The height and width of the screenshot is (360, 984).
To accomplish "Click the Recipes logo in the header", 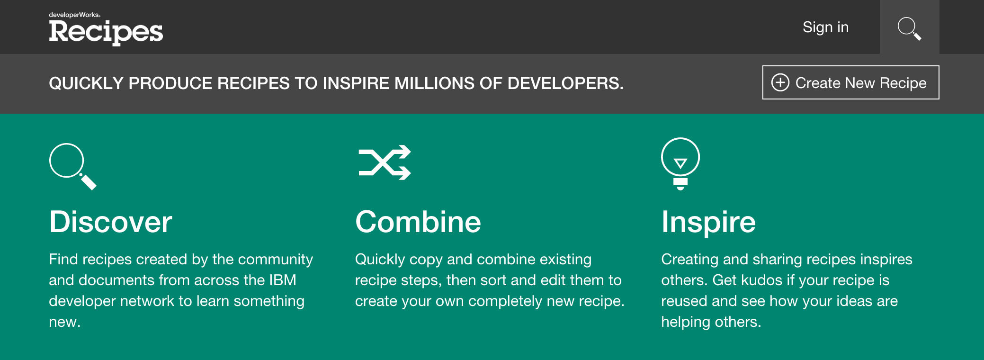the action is (x=106, y=32).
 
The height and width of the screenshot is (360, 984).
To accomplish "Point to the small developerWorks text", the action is (x=74, y=15).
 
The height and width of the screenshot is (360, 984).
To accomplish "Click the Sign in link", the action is (x=825, y=27).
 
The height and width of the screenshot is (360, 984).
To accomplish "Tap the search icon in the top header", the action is (x=909, y=28).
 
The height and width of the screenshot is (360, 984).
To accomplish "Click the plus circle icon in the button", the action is (x=780, y=82).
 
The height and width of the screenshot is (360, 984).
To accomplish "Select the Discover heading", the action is (x=110, y=222).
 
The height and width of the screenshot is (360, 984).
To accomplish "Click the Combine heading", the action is (x=418, y=222).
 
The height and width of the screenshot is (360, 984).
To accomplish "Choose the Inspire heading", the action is (x=708, y=223).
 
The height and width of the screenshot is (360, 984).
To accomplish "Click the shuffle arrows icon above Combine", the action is (x=385, y=162).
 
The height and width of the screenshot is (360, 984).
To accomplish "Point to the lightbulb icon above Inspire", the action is (x=680, y=164).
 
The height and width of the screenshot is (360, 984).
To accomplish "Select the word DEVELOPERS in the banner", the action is (x=566, y=83).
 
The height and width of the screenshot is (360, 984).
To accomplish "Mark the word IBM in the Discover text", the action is (x=283, y=280).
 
